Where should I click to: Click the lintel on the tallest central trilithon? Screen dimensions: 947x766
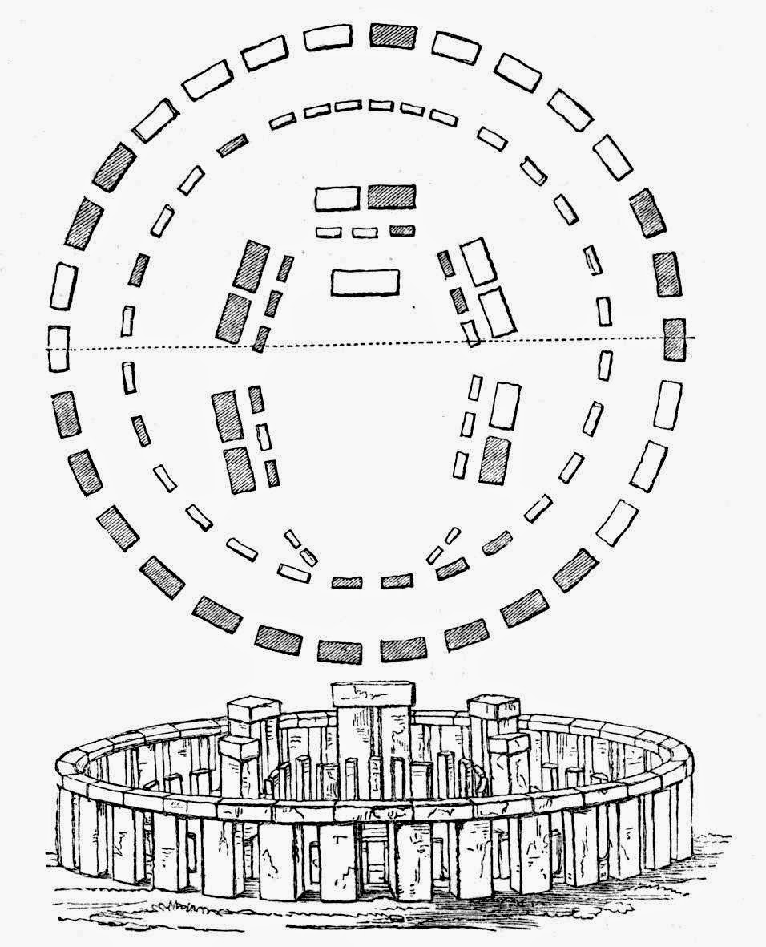tap(373, 694)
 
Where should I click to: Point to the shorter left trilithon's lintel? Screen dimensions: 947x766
tap(239, 747)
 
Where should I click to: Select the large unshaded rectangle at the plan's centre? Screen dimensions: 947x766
tap(365, 282)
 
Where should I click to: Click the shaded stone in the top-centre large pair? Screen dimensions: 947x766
tap(391, 196)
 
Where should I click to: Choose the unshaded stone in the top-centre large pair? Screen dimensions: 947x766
tap(337, 197)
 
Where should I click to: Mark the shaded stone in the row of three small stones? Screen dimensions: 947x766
tap(401, 231)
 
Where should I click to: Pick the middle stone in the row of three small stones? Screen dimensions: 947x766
tap(365, 232)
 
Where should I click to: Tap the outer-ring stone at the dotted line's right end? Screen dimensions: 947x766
tap(675, 338)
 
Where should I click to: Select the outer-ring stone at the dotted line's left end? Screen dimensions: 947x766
tap(58, 348)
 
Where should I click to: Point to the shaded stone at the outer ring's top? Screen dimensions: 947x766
tap(393, 36)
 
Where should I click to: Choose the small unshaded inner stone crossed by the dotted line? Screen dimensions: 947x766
tap(472, 332)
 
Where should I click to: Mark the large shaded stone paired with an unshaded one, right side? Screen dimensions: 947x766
tap(494, 460)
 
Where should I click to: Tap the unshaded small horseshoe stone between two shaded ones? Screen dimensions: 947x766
tap(261, 435)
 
